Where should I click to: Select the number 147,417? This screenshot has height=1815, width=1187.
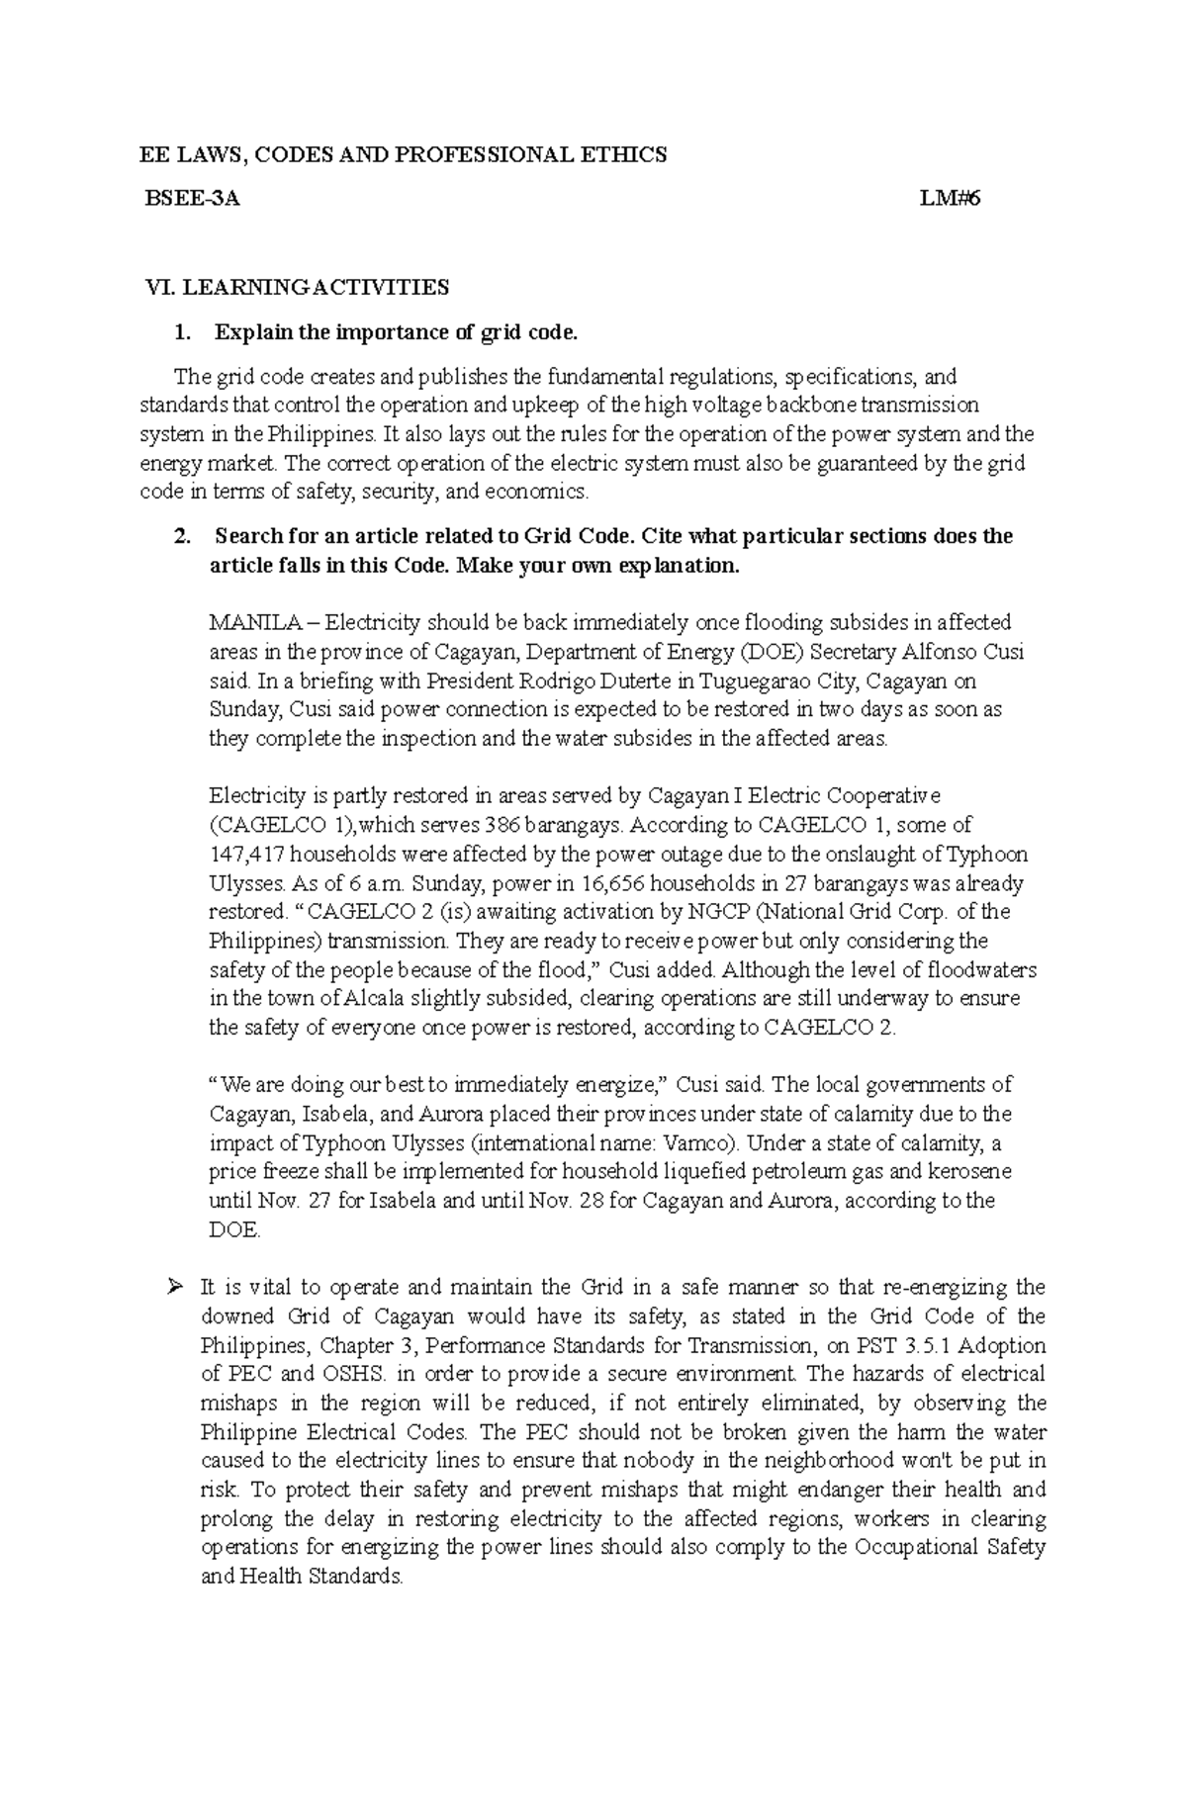(246, 855)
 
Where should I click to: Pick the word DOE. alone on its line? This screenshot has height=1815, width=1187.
(234, 1230)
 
